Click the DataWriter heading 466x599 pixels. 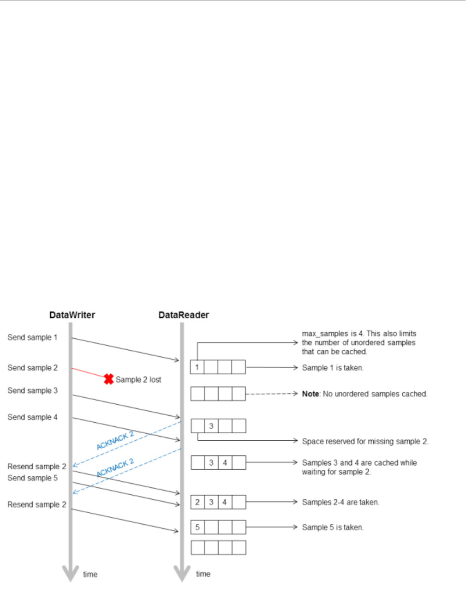72,315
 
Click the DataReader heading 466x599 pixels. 184,315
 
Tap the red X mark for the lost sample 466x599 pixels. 108,379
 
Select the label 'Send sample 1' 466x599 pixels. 32,337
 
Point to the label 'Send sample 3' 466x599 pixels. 32,390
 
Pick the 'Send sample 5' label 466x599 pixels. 32,478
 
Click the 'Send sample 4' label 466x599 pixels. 32,417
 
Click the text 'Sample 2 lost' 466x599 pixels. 138,380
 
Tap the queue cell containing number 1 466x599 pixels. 197,367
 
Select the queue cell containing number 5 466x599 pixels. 197,527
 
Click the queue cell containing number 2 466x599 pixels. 197,502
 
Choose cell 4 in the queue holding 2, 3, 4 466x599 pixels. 225,502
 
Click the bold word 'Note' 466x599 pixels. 311,394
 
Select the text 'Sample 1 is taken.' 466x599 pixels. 333,368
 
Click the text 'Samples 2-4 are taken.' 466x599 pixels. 341,502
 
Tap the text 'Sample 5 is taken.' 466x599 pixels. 333,527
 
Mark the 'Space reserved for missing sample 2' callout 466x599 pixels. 365,442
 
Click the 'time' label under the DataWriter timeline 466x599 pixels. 90,575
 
